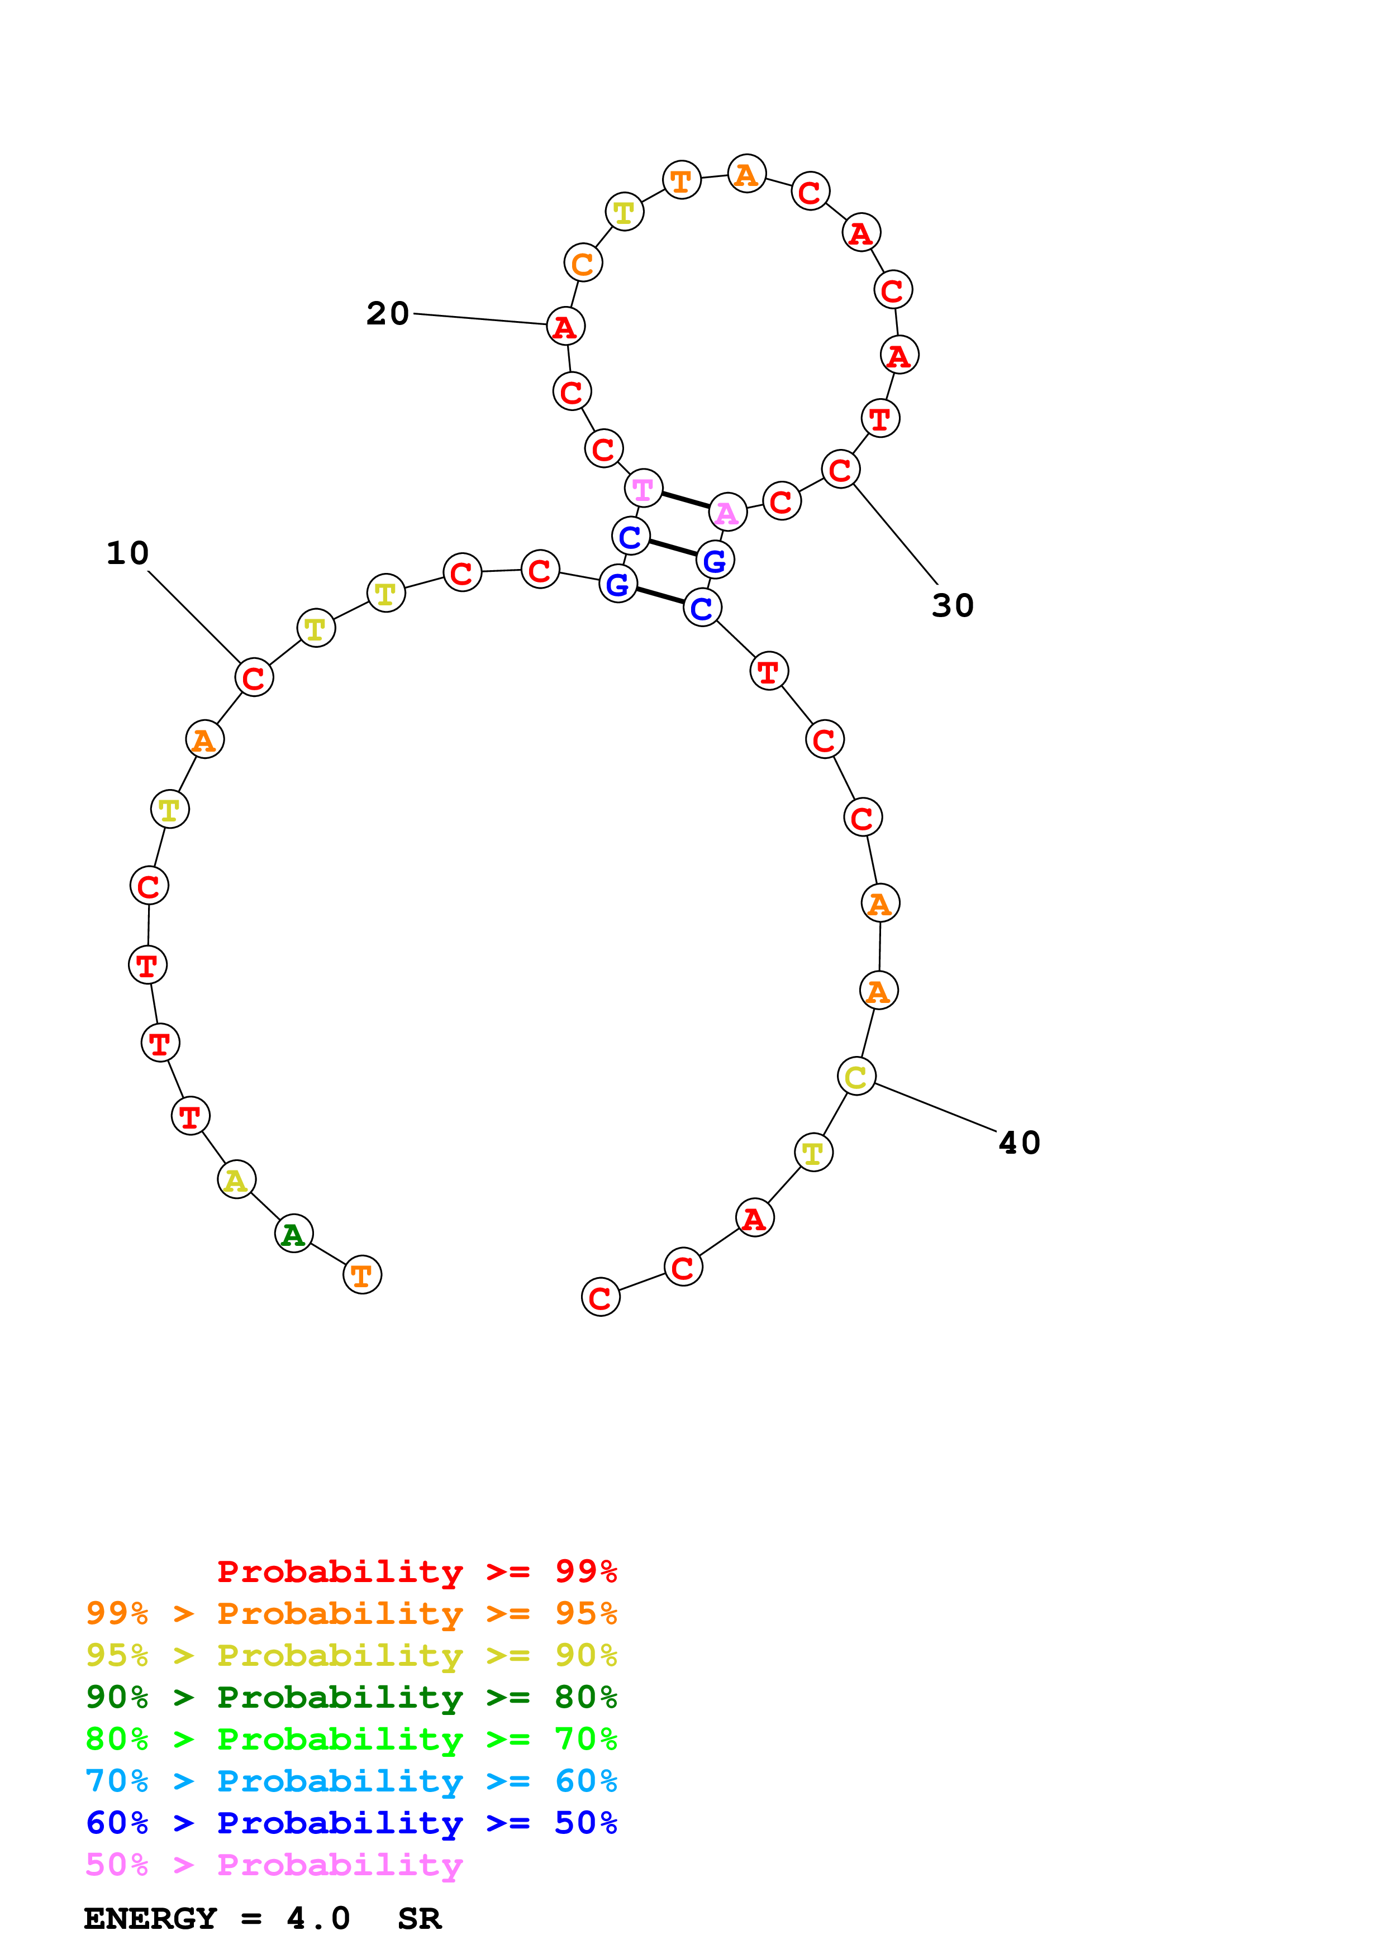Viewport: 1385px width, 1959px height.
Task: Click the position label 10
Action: (127, 554)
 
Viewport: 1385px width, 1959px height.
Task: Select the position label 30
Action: (953, 606)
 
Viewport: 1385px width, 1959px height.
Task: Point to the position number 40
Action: (1019, 1143)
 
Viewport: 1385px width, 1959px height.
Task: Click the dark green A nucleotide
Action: (293, 1234)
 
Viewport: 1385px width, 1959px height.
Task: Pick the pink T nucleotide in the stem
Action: (644, 489)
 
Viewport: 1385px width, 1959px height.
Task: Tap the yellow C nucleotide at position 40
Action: (856, 1077)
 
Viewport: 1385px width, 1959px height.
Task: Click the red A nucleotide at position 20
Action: (565, 327)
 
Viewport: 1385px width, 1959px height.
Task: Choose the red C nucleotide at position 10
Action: (254, 679)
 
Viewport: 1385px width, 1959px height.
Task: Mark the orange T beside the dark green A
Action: (362, 1275)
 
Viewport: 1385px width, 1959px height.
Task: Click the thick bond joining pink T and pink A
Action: (686, 501)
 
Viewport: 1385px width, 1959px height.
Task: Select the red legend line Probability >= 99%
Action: (416, 1571)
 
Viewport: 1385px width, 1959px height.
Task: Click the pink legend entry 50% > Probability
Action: (274, 1865)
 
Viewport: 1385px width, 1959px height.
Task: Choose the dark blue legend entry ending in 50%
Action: (351, 1823)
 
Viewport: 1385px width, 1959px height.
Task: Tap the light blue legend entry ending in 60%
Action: (351, 1781)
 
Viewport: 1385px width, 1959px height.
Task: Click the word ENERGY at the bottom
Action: (150, 1919)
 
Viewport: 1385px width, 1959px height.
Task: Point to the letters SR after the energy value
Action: (419, 1919)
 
